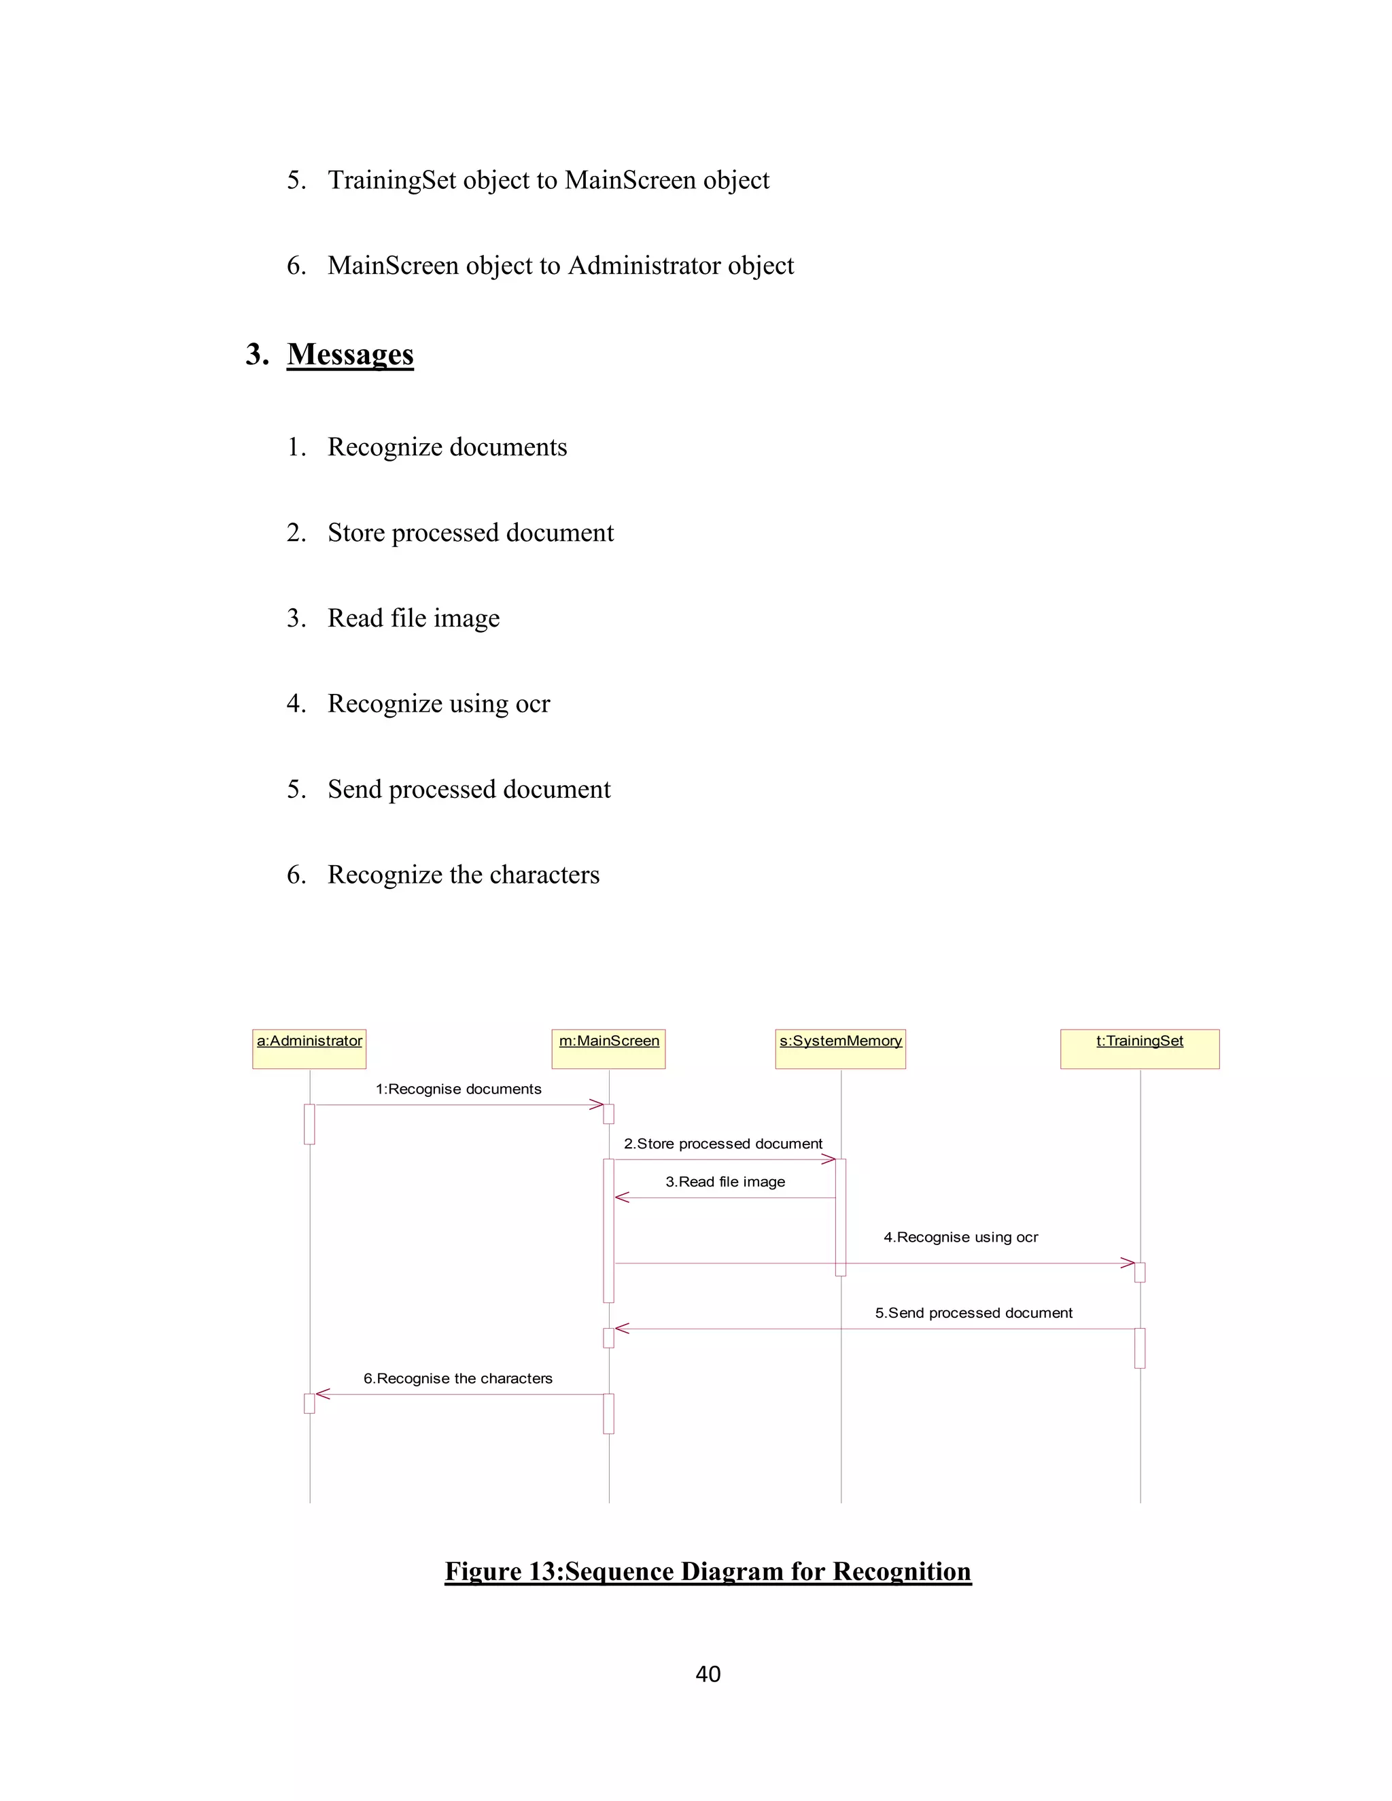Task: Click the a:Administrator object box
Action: pos(309,1048)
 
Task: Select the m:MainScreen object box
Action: pos(608,1048)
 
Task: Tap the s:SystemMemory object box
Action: pos(840,1048)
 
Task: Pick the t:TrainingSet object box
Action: pos(1140,1048)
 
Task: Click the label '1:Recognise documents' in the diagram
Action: pos(459,1089)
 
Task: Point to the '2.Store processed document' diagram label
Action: pos(723,1144)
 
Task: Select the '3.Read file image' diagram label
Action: pos(726,1182)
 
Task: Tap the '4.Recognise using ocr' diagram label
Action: pos(960,1237)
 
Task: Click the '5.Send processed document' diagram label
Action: pos(974,1313)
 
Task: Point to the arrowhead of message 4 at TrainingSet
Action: pos(1128,1263)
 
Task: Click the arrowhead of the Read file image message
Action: pos(623,1197)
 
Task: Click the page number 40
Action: pos(708,1674)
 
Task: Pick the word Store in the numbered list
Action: pos(356,533)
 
